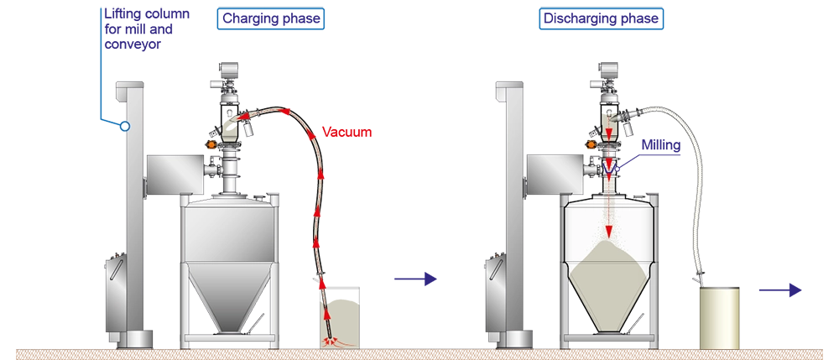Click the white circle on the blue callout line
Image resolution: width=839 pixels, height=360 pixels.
[x=124, y=127]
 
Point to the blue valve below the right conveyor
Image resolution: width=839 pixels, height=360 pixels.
[x=610, y=168]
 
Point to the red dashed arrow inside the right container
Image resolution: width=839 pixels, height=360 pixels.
[x=610, y=214]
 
